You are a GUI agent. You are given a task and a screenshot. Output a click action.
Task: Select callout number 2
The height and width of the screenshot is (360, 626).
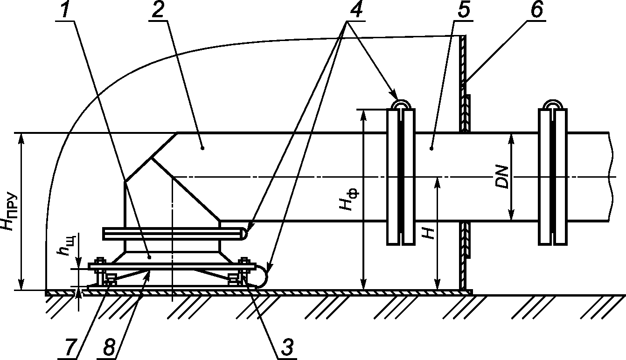158,9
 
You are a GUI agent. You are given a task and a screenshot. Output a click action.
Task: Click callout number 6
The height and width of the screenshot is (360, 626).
536,9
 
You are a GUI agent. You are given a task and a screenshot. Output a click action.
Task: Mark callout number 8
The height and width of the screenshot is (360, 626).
109,347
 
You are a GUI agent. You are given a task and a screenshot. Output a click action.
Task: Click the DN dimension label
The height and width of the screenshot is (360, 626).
502,177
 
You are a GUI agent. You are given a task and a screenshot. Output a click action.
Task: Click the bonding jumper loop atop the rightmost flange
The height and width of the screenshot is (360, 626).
553,104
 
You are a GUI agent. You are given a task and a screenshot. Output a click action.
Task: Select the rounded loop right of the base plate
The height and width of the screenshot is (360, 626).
262,276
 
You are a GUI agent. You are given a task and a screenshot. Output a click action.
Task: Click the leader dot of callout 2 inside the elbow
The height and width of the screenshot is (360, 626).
203,148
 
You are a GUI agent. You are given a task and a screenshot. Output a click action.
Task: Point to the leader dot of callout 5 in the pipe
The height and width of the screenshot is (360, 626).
431,149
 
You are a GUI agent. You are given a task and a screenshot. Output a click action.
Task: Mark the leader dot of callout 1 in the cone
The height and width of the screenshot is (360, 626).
150,257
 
